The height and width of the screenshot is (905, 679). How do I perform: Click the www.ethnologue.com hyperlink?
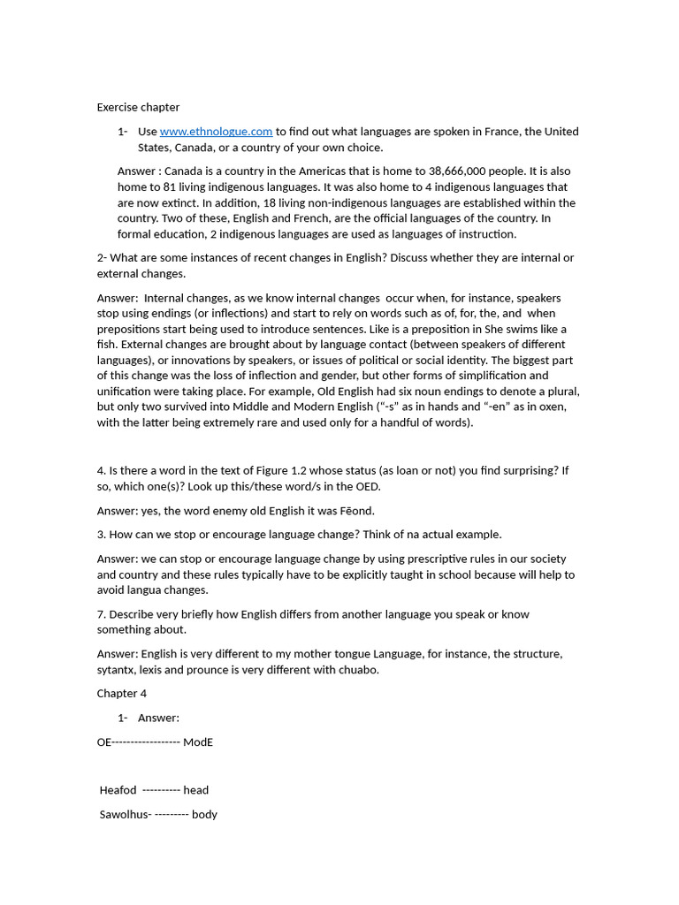(x=216, y=132)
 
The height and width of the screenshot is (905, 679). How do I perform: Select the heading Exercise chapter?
(x=138, y=108)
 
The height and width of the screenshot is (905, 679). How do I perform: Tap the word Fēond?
(x=355, y=511)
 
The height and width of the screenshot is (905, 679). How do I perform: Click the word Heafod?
(x=118, y=790)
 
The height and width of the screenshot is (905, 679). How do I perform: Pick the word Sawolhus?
(x=124, y=815)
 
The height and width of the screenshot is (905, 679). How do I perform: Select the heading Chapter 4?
(x=122, y=694)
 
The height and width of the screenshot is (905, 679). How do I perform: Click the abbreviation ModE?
(x=198, y=742)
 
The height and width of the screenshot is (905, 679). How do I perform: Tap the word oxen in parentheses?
(x=552, y=407)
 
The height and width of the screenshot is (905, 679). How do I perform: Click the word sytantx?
(x=117, y=670)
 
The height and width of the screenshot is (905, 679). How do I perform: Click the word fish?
(x=106, y=345)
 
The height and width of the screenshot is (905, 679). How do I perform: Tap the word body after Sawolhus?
(x=204, y=815)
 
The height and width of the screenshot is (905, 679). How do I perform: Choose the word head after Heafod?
(x=196, y=790)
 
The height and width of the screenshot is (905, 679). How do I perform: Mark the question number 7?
(x=101, y=614)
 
